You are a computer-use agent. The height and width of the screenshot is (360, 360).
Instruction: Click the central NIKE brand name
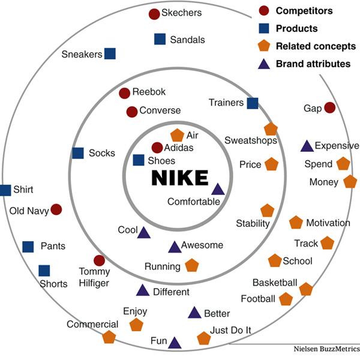tap(179, 178)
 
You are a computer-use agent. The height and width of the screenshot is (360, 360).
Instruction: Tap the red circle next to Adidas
tap(157, 148)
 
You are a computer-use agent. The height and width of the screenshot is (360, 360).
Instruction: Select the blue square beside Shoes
tap(139, 160)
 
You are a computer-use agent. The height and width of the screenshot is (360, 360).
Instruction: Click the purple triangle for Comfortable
tap(218, 190)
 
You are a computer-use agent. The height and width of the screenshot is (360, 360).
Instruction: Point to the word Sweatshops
tap(251, 140)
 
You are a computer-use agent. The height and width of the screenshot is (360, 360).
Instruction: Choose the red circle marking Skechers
tap(154, 14)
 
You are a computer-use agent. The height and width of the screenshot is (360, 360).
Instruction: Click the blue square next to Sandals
tap(160, 39)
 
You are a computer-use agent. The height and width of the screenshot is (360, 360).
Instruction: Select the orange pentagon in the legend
tap(263, 46)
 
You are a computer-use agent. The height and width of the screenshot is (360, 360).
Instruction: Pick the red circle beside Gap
tap(329, 107)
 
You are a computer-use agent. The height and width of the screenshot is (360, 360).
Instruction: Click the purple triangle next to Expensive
tap(307, 146)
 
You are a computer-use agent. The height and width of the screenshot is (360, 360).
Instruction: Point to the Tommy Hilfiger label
tap(94, 277)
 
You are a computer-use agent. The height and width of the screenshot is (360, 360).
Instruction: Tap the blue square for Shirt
tap(5, 190)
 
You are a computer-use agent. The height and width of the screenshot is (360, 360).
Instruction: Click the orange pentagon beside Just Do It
tap(204, 338)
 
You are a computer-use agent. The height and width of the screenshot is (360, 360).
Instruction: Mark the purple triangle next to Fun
tap(175, 343)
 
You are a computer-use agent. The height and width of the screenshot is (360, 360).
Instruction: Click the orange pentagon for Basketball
tap(306, 289)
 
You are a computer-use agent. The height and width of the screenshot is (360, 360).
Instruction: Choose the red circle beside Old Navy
tap(56, 209)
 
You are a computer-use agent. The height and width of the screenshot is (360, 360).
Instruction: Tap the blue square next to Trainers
tap(253, 103)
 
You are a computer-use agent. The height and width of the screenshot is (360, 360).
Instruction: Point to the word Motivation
tap(328, 223)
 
